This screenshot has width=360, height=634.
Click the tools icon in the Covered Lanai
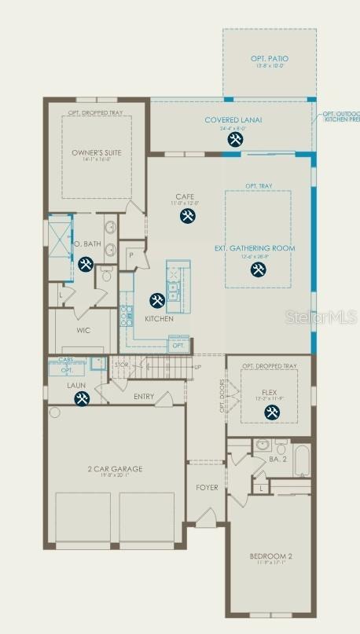tap(235, 140)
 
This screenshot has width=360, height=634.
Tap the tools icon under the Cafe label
tap(187, 216)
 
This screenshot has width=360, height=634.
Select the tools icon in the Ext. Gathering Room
tap(258, 270)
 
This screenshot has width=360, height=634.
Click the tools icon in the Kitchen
tap(156, 300)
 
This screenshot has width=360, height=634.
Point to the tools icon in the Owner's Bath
tap(86, 264)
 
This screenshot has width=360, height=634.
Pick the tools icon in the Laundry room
tap(82, 399)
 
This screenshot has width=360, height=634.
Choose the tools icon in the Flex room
tap(273, 412)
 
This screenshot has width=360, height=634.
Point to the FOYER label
tap(207, 488)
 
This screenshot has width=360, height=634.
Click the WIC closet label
tap(84, 331)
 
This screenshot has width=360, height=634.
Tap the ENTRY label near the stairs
tap(145, 397)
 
